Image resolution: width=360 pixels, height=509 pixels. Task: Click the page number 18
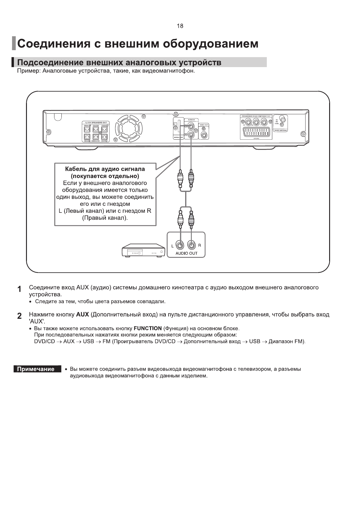coord(180,26)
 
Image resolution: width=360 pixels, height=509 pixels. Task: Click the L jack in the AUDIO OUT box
coord(181,245)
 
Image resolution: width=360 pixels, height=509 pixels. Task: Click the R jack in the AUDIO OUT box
coord(191,245)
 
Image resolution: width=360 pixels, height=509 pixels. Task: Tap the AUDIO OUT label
coord(186,253)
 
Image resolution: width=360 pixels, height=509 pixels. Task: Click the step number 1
coord(19,289)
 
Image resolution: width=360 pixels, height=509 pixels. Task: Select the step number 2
coord(19,316)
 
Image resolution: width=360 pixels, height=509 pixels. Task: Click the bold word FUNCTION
coord(148,328)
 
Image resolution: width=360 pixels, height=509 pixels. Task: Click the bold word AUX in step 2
coord(83,314)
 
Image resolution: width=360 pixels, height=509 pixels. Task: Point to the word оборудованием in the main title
coord(211,44)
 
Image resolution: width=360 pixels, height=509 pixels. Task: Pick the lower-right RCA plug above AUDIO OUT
coord(191,219)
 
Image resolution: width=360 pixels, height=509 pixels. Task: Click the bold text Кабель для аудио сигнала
coord(105,169)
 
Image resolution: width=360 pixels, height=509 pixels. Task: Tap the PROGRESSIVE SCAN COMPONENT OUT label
coord(256,116)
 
